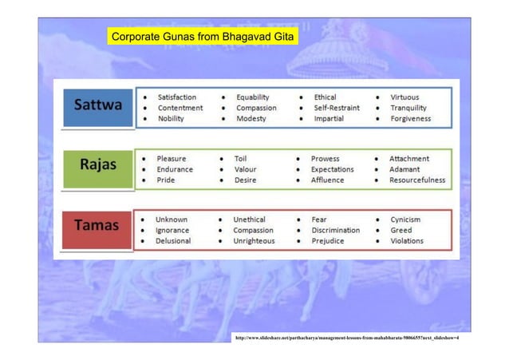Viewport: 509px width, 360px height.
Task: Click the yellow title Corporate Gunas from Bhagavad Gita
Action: (202, 38)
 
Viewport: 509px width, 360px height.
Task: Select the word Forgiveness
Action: (410, 119)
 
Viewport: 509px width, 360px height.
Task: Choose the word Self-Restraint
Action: (336, 108)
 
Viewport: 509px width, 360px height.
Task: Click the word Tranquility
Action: (408, 108)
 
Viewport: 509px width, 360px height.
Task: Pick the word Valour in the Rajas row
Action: (245, 169)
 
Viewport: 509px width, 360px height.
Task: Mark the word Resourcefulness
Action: (416, 180)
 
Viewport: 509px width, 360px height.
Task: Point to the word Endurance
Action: (175, 169)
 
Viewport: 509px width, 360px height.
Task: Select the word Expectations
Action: (333, 169)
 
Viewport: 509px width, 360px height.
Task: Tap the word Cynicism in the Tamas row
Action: (405, 219)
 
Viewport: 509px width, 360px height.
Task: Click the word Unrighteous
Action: (254, 240)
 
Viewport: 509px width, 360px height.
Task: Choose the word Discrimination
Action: (335, 230)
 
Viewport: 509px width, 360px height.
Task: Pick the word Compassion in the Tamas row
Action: (253, 230)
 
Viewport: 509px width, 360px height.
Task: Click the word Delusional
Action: (173, 240)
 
